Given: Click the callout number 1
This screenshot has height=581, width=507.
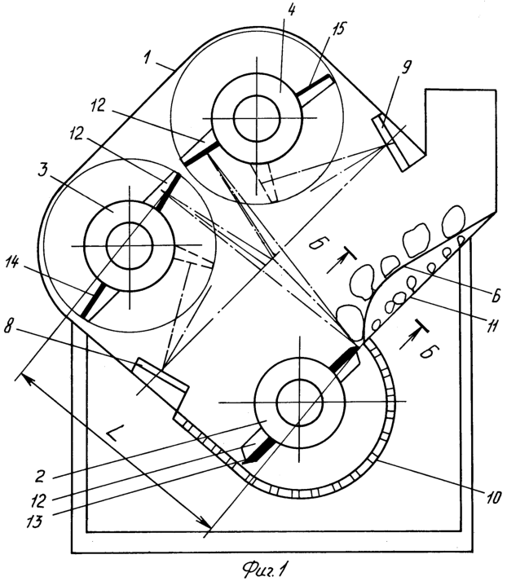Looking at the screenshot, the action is (x=148, y=58).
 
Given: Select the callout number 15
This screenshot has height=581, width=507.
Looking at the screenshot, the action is (x=337, y=28).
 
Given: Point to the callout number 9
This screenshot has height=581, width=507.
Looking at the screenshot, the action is (x=406, y=68).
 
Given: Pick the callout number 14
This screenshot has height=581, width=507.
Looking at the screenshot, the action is (x=13, y=265).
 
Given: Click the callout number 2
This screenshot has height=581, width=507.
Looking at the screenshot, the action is (x=41, y=476).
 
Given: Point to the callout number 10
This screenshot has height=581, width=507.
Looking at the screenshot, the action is (x=493, y=496).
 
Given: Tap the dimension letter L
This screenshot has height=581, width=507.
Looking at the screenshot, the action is (x=116, y=433).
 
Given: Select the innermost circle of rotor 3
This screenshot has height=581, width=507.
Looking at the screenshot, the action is (x=130, y=222).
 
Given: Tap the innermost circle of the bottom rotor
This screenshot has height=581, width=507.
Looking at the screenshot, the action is (x=299, y=381).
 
